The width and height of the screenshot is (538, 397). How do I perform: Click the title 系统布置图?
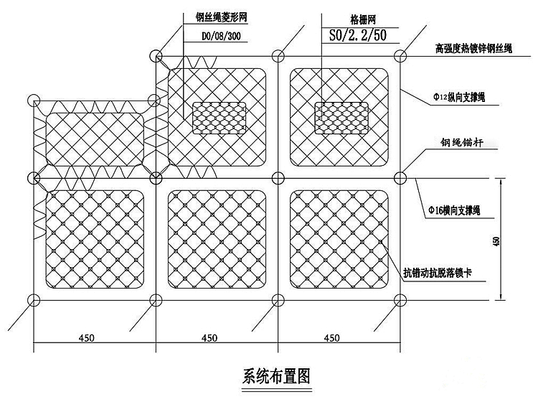pos(275,376)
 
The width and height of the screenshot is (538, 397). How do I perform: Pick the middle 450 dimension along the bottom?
pos(209,336)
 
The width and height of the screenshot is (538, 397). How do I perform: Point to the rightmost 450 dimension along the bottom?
pos(331,336)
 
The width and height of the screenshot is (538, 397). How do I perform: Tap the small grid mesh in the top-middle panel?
pos(220,118)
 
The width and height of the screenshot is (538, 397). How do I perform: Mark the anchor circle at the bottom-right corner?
pos(400,300)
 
